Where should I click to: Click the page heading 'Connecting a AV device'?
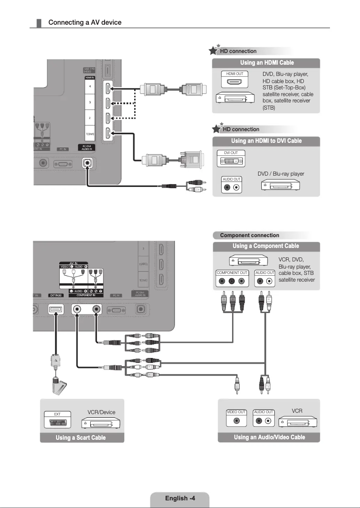(85, 22)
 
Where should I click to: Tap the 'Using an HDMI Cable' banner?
(267, 63)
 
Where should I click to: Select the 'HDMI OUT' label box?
(235, 73)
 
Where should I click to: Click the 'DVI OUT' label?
(231, 153)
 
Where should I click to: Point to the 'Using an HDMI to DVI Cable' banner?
(267, 141)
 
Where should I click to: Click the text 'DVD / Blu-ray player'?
(281, 174)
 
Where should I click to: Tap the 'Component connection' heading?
(250, 235)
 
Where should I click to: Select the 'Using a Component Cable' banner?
(266, 246)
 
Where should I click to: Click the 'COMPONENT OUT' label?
(232, 273)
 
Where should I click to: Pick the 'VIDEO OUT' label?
(236, 412)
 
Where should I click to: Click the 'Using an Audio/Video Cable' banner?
(269, 437)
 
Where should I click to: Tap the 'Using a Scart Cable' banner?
(81, 437)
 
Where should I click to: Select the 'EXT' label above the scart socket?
(57, 414)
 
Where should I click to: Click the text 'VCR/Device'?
(101, 412)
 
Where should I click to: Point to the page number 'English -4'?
(180, 498)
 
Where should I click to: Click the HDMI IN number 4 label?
(90, 86)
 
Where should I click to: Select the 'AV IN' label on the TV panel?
(74, 263)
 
